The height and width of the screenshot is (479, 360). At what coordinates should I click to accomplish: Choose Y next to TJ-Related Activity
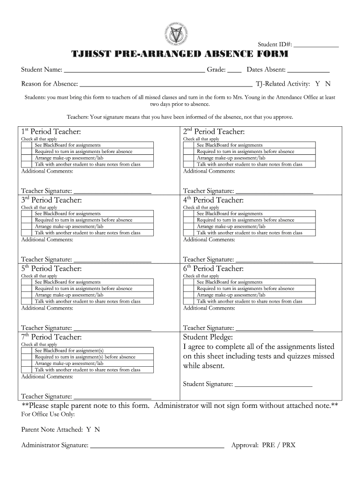[317, 84]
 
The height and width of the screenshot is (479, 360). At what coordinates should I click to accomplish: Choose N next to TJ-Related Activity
[328, 84]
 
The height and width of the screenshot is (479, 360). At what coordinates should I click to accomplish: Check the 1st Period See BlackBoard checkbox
[28, 145]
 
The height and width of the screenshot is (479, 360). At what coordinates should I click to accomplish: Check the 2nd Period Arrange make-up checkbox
[189, 158]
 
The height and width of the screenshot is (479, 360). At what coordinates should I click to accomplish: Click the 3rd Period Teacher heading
[51, 200]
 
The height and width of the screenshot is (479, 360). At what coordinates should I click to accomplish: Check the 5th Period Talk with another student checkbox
[28, 302]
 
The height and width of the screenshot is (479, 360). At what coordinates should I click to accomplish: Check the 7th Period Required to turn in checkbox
[28, 357]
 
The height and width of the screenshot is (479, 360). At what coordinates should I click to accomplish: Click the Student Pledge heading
[208, 337]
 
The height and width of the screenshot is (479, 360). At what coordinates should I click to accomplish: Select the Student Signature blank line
[273, 385]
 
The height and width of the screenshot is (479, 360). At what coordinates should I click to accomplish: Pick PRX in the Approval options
[288, 445]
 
